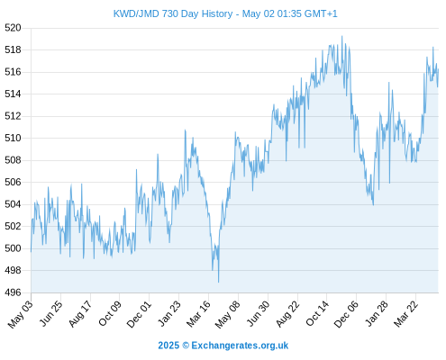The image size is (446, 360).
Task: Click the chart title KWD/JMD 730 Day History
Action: tap(173, 13)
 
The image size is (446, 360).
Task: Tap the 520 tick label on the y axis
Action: tap(13, 28)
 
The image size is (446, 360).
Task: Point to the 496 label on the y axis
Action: tap(13, 292)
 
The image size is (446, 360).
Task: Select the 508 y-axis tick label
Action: tap(13, 160)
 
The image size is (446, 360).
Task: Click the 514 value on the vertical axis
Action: tap(13, 94)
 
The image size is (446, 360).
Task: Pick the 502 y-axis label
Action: tap(13, 226)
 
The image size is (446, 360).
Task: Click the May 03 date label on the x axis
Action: tap(21, 314)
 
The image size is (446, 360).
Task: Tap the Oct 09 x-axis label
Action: tap(110, 313)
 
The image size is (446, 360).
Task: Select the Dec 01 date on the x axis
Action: tap(139, 314)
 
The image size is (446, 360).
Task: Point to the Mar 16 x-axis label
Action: tap(198, 313)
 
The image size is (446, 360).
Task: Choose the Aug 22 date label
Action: tap(287, 313)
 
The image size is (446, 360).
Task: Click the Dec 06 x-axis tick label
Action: tap(346, 314)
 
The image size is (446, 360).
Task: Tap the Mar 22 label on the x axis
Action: tap(405, 313)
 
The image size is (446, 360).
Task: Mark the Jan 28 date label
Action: tap(377, 313)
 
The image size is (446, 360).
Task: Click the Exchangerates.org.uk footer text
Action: tap(240, 346)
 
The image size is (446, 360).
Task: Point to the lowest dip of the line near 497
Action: tap(218, 282)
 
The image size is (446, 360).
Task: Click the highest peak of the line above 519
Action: tap(341, 36)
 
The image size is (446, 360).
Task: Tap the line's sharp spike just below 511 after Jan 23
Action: tap(185, 130)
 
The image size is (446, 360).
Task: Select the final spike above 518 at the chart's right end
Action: tap(433, 48)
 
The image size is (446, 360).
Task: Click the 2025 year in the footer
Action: tap(168, 346)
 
